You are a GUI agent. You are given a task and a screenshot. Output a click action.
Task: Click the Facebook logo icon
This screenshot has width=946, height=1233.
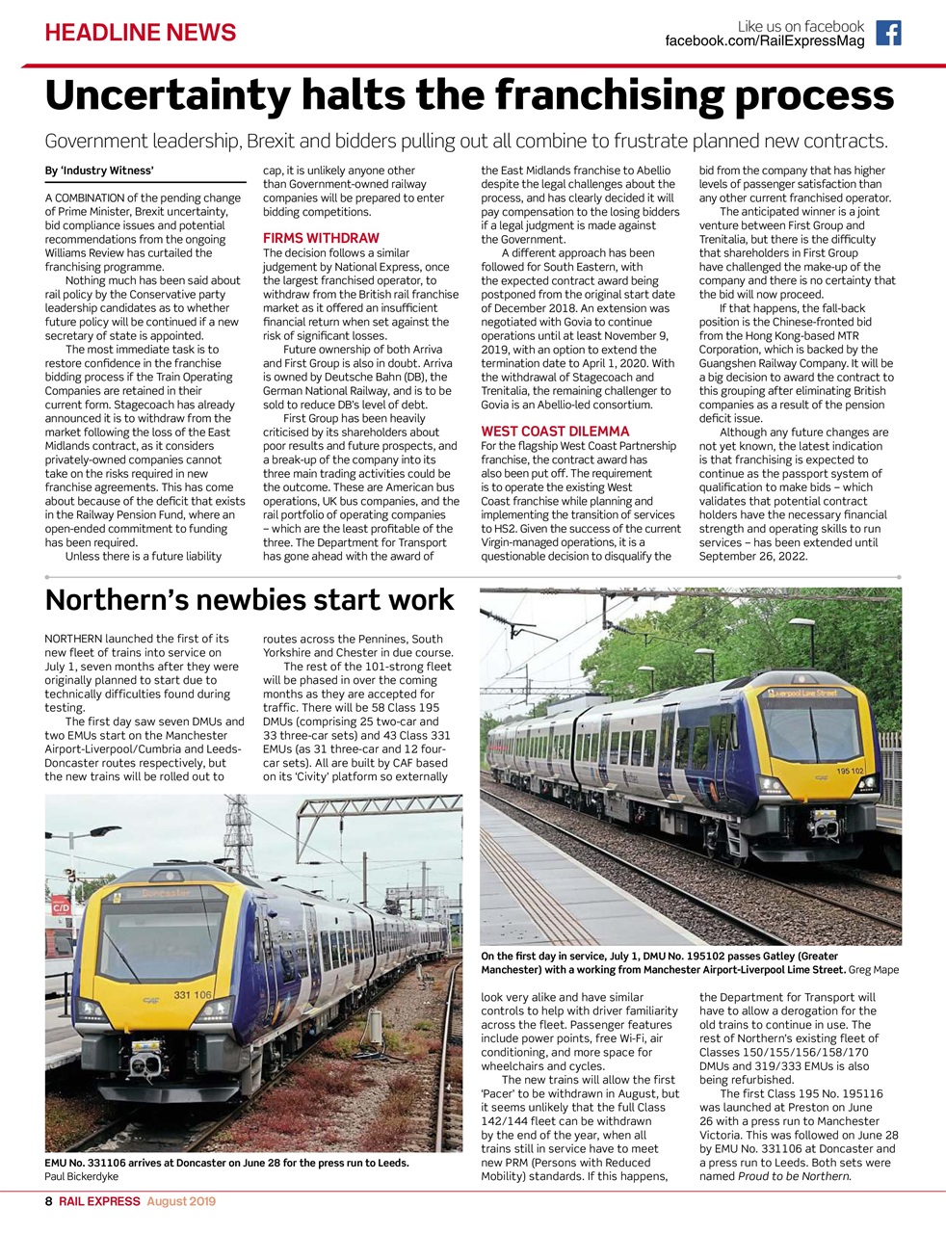coord(888,34)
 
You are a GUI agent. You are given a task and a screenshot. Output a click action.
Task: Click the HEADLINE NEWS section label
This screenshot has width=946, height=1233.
coord(141,33)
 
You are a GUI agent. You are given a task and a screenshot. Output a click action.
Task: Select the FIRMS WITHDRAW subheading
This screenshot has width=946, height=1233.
coord(321,238)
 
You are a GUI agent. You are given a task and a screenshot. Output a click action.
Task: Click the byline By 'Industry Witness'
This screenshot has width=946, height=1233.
coord(99,171)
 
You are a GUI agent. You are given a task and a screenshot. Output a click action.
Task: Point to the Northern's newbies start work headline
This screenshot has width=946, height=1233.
coord(250,600)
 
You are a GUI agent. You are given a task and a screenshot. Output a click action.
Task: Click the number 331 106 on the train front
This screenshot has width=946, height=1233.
coord(192,994)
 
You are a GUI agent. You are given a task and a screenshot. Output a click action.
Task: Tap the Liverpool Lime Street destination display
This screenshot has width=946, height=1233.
coord(801,693)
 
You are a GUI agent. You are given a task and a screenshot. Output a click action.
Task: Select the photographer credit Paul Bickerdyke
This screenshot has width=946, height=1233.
coord(82,1176)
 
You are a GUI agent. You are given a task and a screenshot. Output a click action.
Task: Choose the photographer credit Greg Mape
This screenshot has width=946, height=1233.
coord(873,970)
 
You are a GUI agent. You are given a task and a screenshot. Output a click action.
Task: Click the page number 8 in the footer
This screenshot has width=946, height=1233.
coord(49,1201)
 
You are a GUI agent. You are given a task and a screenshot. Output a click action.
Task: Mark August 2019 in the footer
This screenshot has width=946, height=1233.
coord(181,1201)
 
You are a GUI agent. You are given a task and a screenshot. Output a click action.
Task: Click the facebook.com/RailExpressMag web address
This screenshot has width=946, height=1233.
coord(764,41)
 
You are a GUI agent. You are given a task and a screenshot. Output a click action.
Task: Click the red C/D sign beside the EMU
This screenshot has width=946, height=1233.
coord(60,907)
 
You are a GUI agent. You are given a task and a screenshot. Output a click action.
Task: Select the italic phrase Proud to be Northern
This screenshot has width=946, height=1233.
coord(795,1176)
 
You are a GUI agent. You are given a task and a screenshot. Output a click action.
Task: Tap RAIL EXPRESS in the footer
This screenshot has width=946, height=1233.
coord(99,1201)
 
